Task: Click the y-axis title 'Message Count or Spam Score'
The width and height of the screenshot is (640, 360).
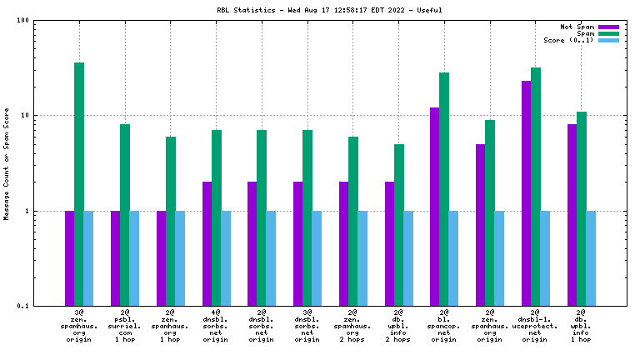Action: [7, 163]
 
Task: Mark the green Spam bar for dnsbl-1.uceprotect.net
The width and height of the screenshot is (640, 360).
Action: [536, 187]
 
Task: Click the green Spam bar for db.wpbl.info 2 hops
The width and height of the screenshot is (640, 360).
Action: [399, 225]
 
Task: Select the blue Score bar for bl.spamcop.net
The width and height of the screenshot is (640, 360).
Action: [453, 258]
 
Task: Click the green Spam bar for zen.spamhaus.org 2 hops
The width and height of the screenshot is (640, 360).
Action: [353, 221]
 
